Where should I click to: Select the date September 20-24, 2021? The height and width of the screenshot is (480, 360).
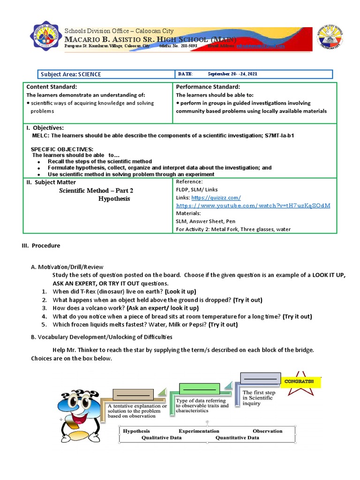point(232,74)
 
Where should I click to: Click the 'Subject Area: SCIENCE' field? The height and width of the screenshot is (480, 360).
point(71,74)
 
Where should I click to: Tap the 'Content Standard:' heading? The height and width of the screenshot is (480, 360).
point(52,87)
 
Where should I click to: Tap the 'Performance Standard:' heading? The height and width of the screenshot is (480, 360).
point(208,87)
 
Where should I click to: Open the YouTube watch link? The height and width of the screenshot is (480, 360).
point(253,206)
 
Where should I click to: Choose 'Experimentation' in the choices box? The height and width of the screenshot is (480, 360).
point(199,431)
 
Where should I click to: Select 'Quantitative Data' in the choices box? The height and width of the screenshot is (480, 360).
point(237,438)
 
